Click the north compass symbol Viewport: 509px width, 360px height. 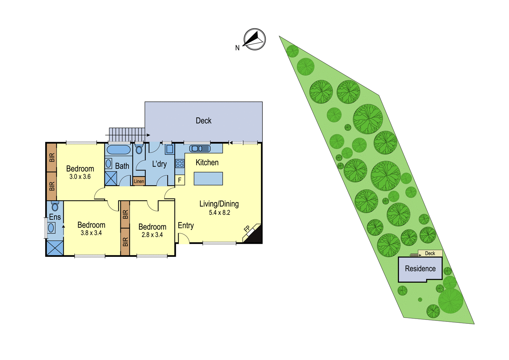(x=254, y=39)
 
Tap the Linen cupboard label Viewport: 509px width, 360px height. (x=139, y=181)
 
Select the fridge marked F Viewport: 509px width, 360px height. (x=180, y=180)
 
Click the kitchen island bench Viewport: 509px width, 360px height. (x=208, y=179)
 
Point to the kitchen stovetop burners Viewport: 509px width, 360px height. (x=180, y=164)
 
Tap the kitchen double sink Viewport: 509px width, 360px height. (x=200, y=149)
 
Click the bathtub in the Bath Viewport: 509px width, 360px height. (x=119, y=150)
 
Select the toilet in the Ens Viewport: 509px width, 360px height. (x=55, y=206)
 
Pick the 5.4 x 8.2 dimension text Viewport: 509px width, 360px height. (x=220, y=213)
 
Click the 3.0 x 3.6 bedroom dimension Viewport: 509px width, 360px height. (x=80, y=176)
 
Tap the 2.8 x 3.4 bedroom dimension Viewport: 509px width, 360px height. (x=152, y=235)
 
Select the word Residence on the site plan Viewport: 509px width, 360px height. (x=420, y=269)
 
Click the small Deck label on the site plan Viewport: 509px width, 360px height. (x=430, y=253)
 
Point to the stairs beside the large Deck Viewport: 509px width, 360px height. (x=127, y=135)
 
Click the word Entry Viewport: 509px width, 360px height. (x=186, y=226)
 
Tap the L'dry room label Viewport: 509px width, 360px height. (x=159, y=164)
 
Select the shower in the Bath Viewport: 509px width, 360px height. (x=111, y=179)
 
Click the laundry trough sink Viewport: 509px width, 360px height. (x=170, y=149)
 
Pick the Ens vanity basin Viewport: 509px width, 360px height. (x=51, y=228)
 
